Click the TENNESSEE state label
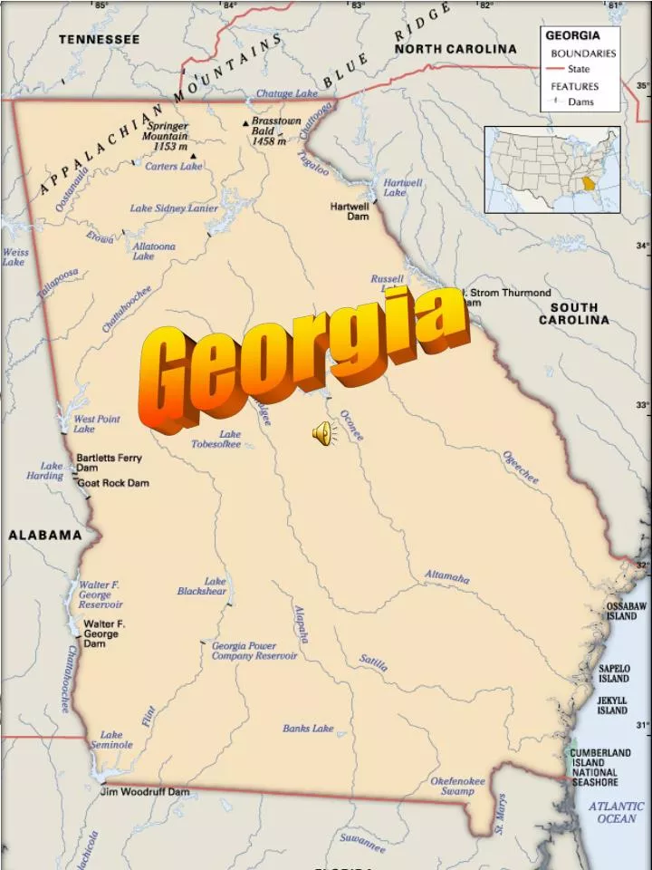(100, 40)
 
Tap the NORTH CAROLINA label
(455, 49)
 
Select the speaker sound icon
(323, 434)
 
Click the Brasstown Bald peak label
(275, 130)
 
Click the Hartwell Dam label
(350, 211)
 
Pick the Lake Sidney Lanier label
(173, 208)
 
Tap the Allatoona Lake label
(154, 251)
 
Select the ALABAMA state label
(45, 535)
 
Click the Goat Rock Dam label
(113, 483)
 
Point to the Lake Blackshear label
(201, 586)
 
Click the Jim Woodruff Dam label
(145, 791)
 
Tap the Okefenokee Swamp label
(457, 786)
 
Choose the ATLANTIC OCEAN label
(617, 812)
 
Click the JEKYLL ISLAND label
(612, 705)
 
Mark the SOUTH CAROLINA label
(574, 314)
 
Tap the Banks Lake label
(308, 728)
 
